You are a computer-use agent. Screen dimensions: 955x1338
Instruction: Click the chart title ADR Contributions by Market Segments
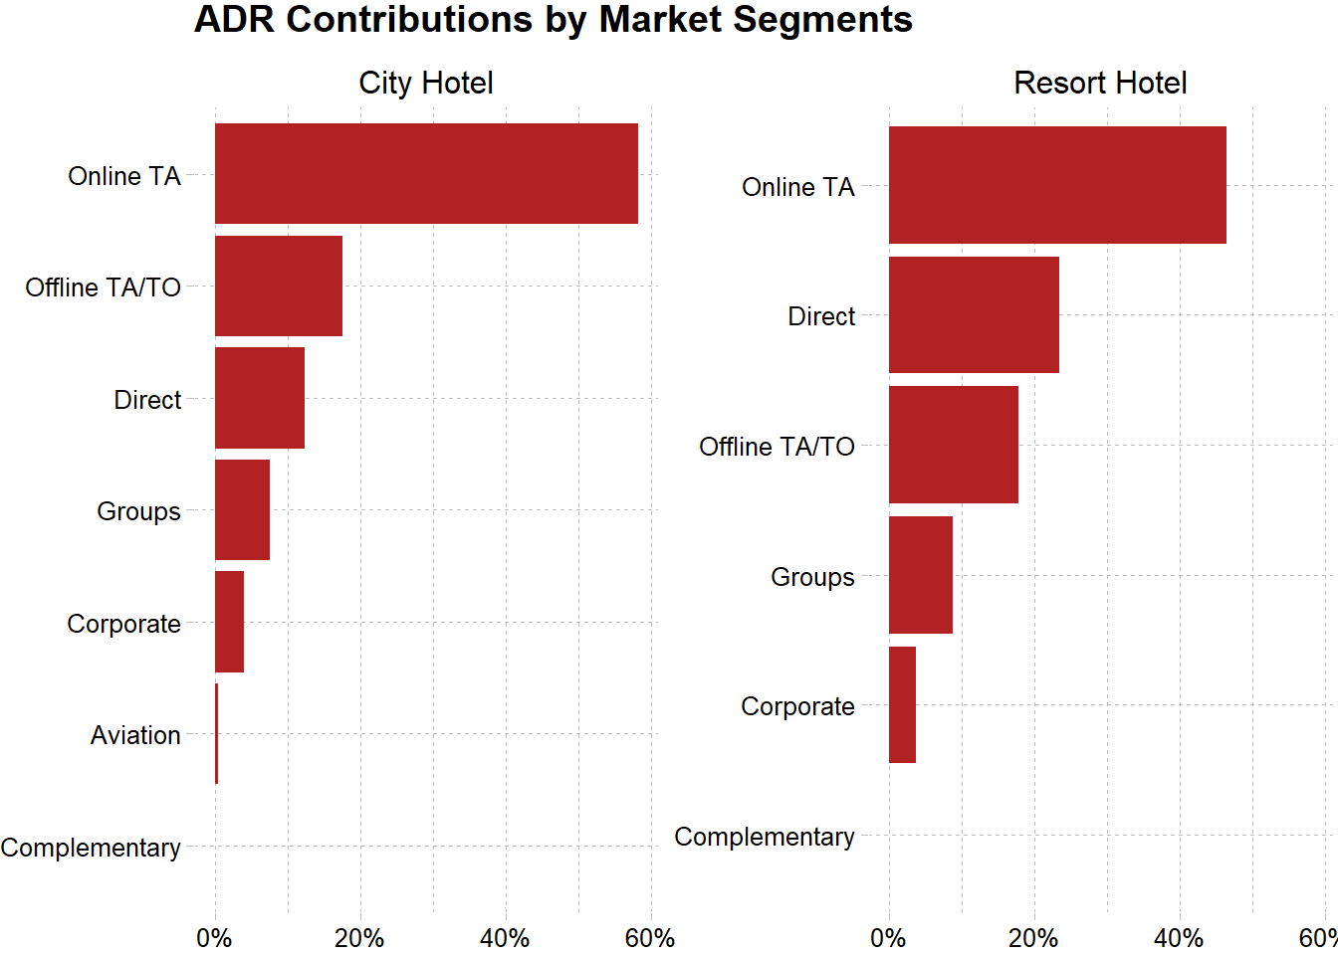[x=553, y=20]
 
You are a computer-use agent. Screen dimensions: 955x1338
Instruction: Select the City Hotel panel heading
[x=426, y=83]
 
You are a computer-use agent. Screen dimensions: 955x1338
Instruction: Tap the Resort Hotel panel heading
[x=1100, y=83]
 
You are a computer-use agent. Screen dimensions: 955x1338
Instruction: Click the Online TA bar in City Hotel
[x=426, y=174]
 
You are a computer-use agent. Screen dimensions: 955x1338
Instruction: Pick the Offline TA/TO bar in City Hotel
[x=279, y=286]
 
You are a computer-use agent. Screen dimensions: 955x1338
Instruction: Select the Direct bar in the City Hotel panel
[x=260, y=398]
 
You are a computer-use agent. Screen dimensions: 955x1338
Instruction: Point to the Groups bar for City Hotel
[x=242, y=510]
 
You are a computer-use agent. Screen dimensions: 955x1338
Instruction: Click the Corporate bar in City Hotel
[x=229, y=622]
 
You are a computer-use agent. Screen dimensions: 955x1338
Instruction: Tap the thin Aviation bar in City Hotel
[x=216, y=734]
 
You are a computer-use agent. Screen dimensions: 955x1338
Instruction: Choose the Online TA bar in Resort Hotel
[x=1057, y=185]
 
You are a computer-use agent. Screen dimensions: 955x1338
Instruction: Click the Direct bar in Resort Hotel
[x=974, y=315]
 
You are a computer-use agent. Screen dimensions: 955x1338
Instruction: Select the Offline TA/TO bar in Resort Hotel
[x=954, y=445]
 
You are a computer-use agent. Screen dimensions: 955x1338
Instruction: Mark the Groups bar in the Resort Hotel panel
[x=921, y=575]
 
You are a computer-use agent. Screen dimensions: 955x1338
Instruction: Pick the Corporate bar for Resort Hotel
[x=902, y=705]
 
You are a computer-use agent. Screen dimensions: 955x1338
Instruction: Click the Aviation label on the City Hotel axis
[x=135, y=735]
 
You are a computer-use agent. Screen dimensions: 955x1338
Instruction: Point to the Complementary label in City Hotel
[x=91, y=848]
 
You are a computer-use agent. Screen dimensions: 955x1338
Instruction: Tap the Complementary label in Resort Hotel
[x=764, y=837]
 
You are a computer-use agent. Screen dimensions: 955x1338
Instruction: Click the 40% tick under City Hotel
[x=505, y=938]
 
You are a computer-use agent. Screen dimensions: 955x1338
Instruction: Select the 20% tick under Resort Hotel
[x=1033, y=938]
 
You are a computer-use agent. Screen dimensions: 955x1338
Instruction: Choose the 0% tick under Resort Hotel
[x=888, y=938]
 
